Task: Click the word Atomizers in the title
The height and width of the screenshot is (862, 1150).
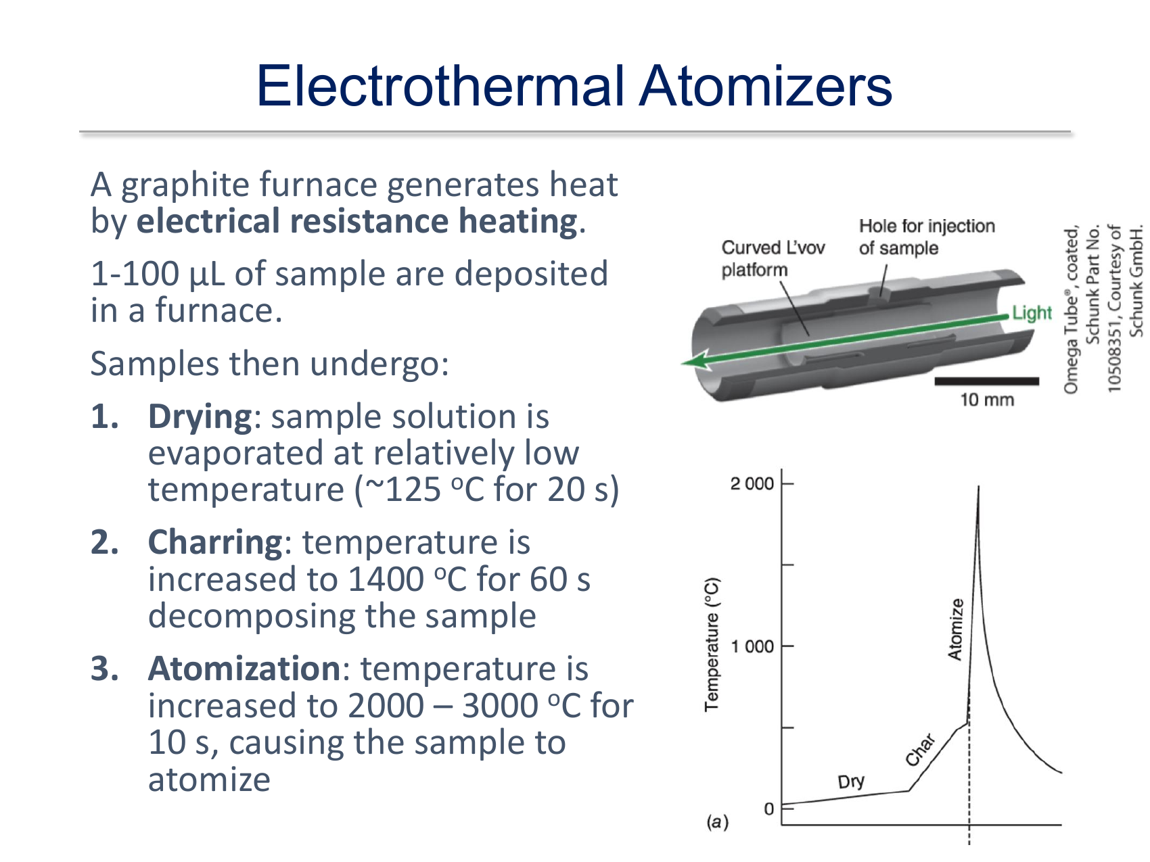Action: pos(766,86)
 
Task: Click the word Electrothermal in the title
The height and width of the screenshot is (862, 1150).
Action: pos(440,86)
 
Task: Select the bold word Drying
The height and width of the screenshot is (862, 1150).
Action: pos(200,417)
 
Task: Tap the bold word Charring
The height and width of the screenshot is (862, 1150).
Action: pos(215,542)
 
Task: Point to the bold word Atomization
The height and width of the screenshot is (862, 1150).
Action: pos(244,669)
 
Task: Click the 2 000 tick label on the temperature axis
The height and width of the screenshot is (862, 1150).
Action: pos(752,483)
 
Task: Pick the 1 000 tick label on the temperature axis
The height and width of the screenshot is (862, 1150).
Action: pos(752,646)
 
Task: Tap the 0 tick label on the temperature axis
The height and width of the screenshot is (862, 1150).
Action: pos(768,809)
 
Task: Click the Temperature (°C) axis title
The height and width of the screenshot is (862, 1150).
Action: pos(712,644)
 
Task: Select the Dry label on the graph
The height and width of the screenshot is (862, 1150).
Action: pos(851,782)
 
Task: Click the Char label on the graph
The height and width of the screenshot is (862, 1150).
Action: pos(920,749)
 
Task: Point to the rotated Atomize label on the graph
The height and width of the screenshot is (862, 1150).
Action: pos(955,629)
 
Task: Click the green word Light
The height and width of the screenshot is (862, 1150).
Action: pos(1032,312)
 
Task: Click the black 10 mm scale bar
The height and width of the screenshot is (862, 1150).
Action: pos(986,381)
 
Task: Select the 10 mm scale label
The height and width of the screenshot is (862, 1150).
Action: pos(987,400)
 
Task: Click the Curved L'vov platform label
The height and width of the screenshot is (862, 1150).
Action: pos(773,258)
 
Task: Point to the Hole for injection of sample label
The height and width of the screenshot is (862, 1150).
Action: pos(927,237)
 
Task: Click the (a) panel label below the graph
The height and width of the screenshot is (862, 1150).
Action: pos(717,822)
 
